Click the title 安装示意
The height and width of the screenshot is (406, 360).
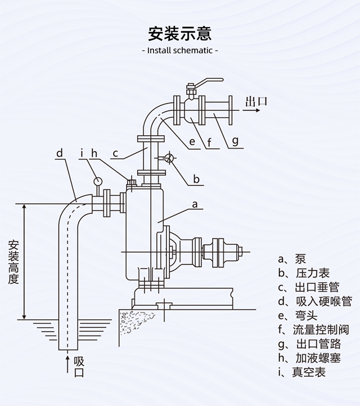(x=180, y=33)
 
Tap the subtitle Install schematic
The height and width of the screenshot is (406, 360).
(x=180, y=50)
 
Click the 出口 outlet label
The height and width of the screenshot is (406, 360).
(x=256, y=101)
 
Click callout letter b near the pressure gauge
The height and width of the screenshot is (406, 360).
(x=196, y=179)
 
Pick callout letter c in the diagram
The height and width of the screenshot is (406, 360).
(x=115, y=153)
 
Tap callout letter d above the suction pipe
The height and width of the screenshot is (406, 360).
(x=60, y=153)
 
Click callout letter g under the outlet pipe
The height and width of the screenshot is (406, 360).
(x=235, y=140)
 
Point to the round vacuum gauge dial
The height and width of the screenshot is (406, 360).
(x=98, y=181)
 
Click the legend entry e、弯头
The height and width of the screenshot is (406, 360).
(x=298, y=315)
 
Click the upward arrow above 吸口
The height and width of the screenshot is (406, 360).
(x=67, y=360)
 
